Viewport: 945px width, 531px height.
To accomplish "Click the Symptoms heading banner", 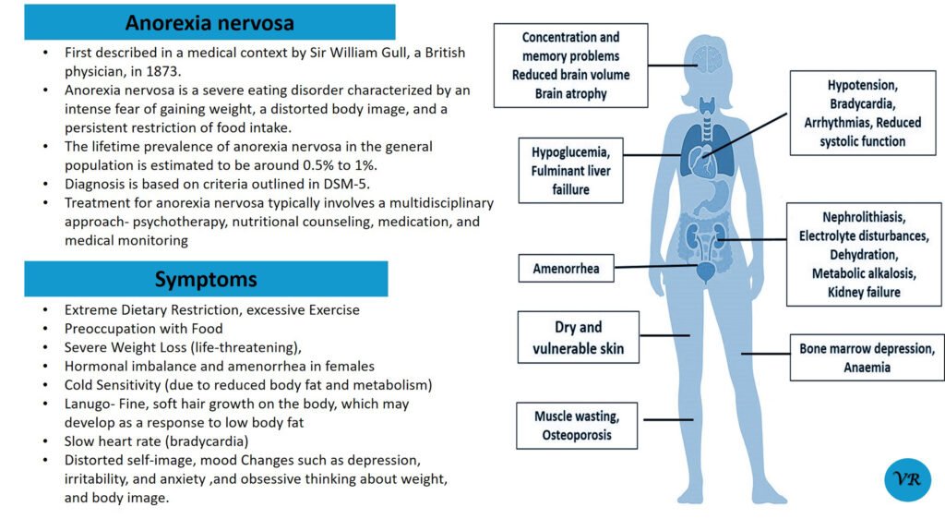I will coord(206,279).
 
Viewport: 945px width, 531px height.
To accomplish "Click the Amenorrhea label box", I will coord(566,269).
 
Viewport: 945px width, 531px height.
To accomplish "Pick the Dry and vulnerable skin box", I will coord(578,338).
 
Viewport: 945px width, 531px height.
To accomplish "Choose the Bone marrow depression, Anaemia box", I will coord(867,357).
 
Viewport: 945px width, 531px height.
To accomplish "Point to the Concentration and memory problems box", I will coord(570,66).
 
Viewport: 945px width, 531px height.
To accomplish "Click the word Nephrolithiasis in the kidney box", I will coord(864,218).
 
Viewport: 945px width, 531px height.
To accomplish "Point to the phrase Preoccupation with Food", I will coord(143,329).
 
